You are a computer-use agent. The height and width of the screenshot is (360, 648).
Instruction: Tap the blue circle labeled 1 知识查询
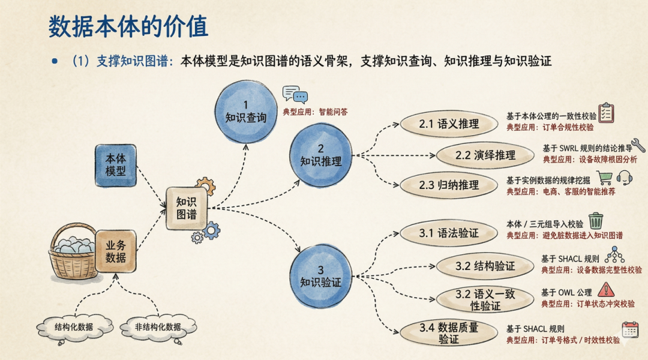[x=245, y=111]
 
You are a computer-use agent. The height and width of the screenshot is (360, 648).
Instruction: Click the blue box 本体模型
[x=116, y=165]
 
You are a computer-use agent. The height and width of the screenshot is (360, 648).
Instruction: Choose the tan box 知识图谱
[x=187, y=208]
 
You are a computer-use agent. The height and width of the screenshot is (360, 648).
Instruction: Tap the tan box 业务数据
[x=116, y=251]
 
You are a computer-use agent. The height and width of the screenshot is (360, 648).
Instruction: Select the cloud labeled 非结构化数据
[x=158, y=327]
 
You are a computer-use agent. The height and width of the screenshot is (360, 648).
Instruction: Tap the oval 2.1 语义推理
[x=449, y=124]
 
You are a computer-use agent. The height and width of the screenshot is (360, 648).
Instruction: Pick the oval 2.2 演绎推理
[x=485, y=155]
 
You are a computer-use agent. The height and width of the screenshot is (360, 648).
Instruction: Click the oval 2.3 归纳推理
[x=449, y=185]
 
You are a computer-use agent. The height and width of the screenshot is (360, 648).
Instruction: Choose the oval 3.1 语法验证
[x=449, y=233]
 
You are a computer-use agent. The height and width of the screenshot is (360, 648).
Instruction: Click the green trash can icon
[x=595, y=220]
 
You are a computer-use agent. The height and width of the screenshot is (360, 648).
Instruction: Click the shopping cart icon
[x=604, y=177]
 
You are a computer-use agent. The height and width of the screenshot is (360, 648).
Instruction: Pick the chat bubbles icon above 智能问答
[x=295, y=95]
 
